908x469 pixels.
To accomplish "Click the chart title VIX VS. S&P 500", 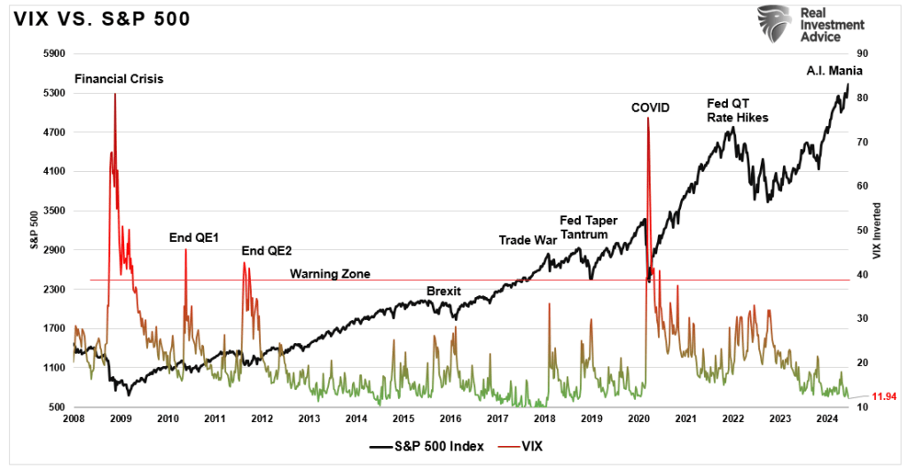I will (x=102, y=19).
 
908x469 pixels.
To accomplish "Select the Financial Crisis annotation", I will (x=119, y=79).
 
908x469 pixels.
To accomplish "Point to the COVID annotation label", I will (x=650, y=107).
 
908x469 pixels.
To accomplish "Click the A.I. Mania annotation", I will (x=834, y=72).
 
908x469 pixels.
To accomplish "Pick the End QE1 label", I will (x=193, y=238).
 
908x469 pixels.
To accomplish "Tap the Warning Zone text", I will (x=330, y=273).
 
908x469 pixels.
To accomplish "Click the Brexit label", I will (x=444, y=291).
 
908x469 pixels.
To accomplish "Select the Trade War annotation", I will (x=527, y=239).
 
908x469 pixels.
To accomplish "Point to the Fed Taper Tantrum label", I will (x=589, y=227).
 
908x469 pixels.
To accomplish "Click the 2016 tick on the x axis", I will (x=450, y=419).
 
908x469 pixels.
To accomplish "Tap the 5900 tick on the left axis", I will (x=54, y=53).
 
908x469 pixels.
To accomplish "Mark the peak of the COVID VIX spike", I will (x=648, y=118).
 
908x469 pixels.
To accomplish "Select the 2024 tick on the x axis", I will (x=827, y=419).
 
